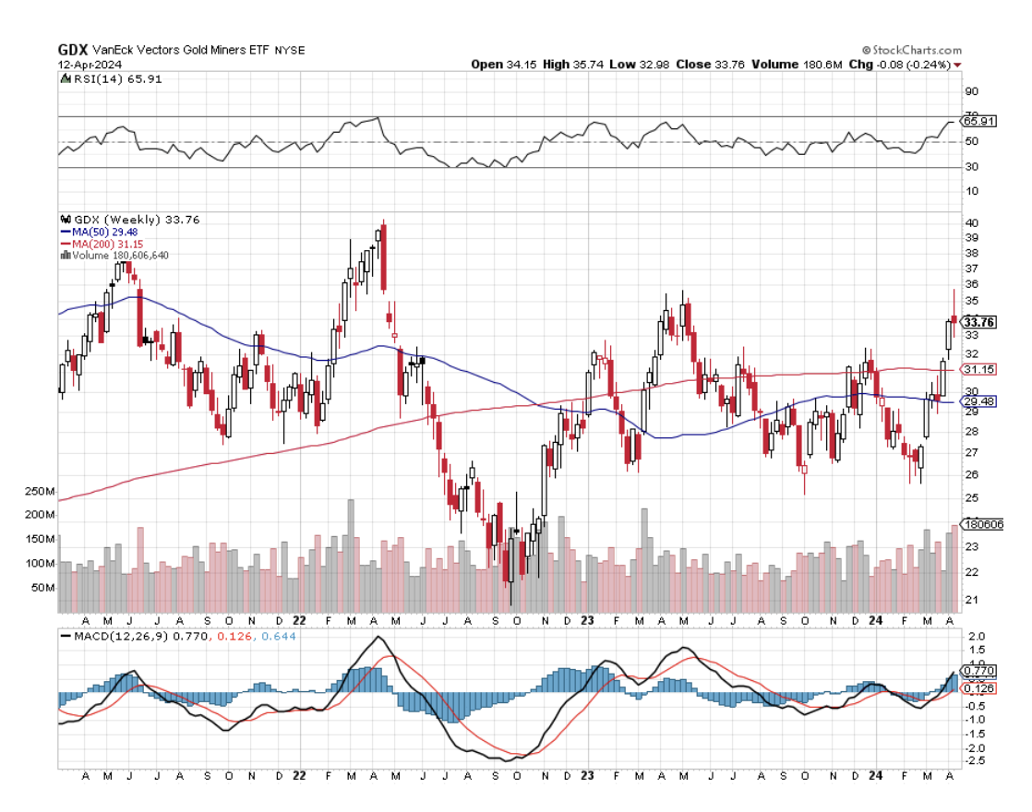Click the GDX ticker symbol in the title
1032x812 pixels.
72,50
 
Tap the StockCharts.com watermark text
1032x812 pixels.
917,51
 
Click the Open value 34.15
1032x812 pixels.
519,65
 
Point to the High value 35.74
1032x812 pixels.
589,65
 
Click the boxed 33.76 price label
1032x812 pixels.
978,322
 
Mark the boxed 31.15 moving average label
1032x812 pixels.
977,369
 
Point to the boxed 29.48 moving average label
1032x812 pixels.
977,401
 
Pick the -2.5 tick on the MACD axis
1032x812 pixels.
974,761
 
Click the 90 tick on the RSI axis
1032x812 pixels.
970,91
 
